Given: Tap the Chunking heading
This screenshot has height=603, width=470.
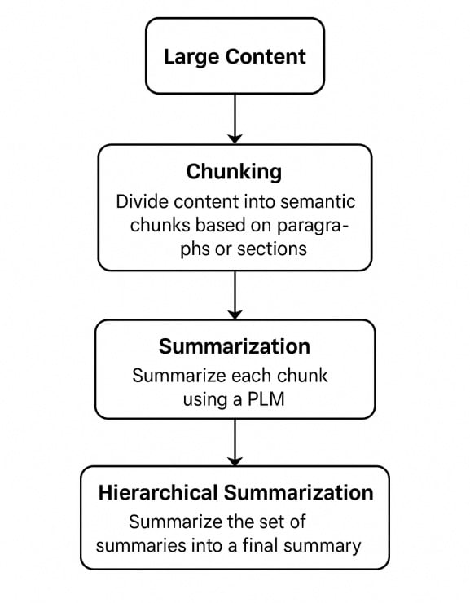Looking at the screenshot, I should click(x=234, y=172).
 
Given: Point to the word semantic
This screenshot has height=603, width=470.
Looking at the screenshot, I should click(x=317, y=200).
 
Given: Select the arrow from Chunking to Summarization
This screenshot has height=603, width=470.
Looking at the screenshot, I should click(x=235, y=294).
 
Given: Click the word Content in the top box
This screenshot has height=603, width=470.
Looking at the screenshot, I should click(x=266, y=56).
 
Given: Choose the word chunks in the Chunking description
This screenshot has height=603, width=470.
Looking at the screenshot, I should click(x=156, y=225).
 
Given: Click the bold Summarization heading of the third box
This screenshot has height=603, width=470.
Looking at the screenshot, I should click(x=234, y=346).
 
